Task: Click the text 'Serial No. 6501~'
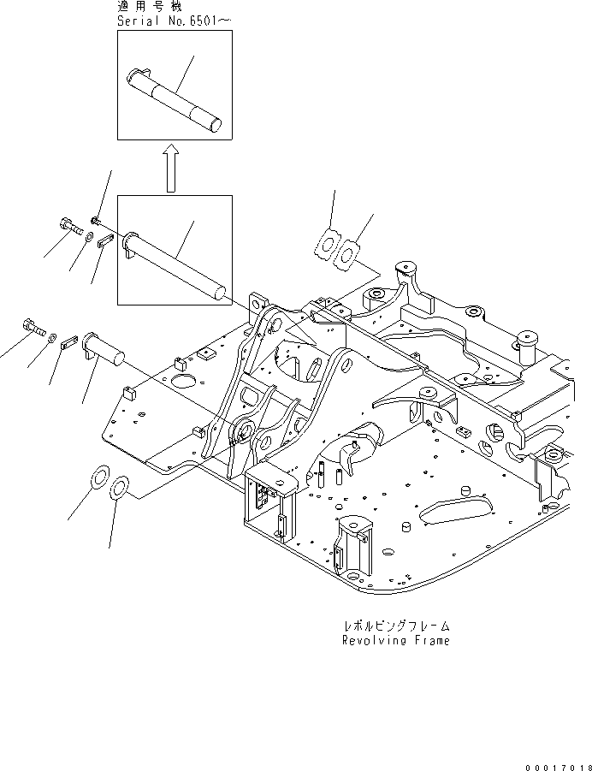pyautogui.click(x=174, y=21)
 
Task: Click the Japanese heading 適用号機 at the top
pyautogui.click(x=150, y=6)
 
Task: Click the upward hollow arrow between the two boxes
pyautogui.click(x=170, y=168)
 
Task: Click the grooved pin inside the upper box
pyautogui.click(x=174, y=100)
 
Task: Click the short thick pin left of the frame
pyautogui.click(x=104, y=348)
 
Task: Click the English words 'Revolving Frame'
pyautogui.click(x=396, y=640)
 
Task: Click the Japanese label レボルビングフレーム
pyautogui.click(x=396, y=626)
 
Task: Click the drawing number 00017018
pyautogui.click(x=558, y=767)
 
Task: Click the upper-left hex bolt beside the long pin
pyautogui.click(x=71, y=226)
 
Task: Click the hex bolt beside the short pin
pyautogui.click(x=34, y=327)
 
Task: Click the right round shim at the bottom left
pyautogui.click(x=120, y=488)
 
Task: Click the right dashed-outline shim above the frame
pyautogui.click(x=346, y=255)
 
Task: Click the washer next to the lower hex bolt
pyautogui.click(x=51, y=338)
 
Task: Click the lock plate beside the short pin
pyautogui.click(x=69, y=342)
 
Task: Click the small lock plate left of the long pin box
pyautogui.click(x=106, y=241)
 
